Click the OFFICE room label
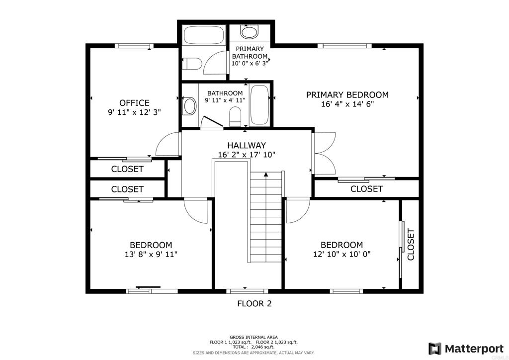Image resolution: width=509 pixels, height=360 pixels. [x=134, y=103]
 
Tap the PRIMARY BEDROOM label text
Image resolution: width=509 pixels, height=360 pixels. [x=347, y=95]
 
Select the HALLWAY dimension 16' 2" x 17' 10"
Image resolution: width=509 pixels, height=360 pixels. [x=247, y=155]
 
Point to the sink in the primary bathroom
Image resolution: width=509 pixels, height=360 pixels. [x=249, y=32]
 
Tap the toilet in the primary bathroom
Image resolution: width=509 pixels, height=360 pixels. [x=191, y=64]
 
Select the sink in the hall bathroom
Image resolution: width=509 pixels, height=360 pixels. [x=190, y=106]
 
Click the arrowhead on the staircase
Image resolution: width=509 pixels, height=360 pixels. [x=266, y=175]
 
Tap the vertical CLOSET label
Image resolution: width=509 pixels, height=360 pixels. [x=411, y=245]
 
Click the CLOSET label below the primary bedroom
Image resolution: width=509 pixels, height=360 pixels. [x=366, y=188]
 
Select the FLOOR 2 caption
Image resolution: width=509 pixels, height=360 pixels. [x=254, y=303]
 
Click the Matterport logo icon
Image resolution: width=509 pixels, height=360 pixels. [x=434, y=349]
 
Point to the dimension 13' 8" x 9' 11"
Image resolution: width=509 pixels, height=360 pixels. [x=151, y=254]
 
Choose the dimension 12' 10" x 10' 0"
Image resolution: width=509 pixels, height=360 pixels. [x=342, y=254]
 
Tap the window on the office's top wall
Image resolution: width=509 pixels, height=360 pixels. [x=134, y=46]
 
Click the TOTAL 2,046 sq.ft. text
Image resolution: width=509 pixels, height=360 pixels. [x=253, y=347]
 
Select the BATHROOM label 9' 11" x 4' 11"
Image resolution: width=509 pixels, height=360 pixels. [x=225, y=97]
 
